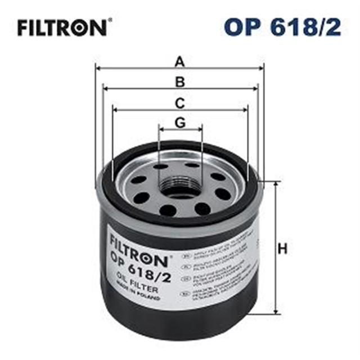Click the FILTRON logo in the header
click(61, 27)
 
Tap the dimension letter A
click(179, 60)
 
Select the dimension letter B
click(179, 82)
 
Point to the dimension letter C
click(179, 103)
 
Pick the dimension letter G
click(179, 122)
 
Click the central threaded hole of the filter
click(179, 187)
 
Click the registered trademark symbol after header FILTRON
click(109, 21)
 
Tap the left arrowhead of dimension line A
click(97, 68)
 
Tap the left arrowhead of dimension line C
click(115, 110)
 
